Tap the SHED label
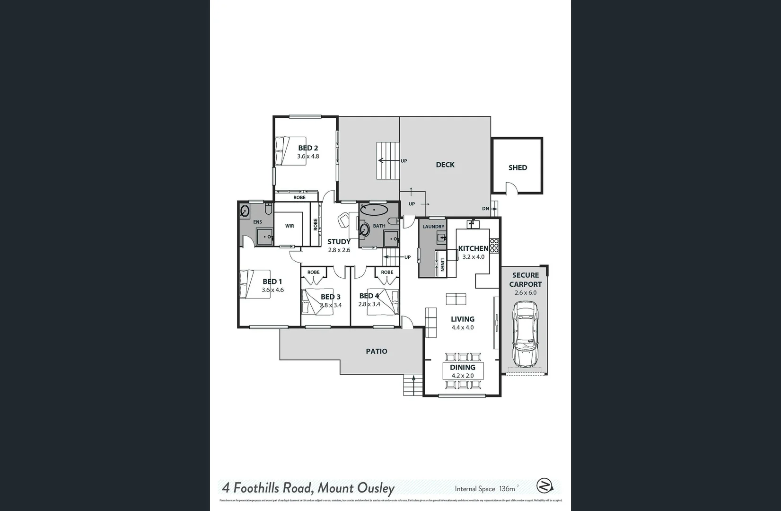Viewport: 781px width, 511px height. [518, 167]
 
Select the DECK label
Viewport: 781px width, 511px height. [445, 165]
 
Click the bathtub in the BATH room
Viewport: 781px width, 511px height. [374, 210]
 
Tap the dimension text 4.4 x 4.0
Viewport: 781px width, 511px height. [462, 327]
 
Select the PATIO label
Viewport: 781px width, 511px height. [376, 351]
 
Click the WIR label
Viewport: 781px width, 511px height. [290, 226]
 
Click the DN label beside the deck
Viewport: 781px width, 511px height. [485, 209]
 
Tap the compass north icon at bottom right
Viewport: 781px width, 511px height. [544, 486]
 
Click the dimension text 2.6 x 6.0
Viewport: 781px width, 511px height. [525, 293]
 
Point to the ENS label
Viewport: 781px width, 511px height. [257, 222]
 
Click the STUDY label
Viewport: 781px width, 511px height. [339, 242]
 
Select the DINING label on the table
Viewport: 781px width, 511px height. [462, 367]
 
